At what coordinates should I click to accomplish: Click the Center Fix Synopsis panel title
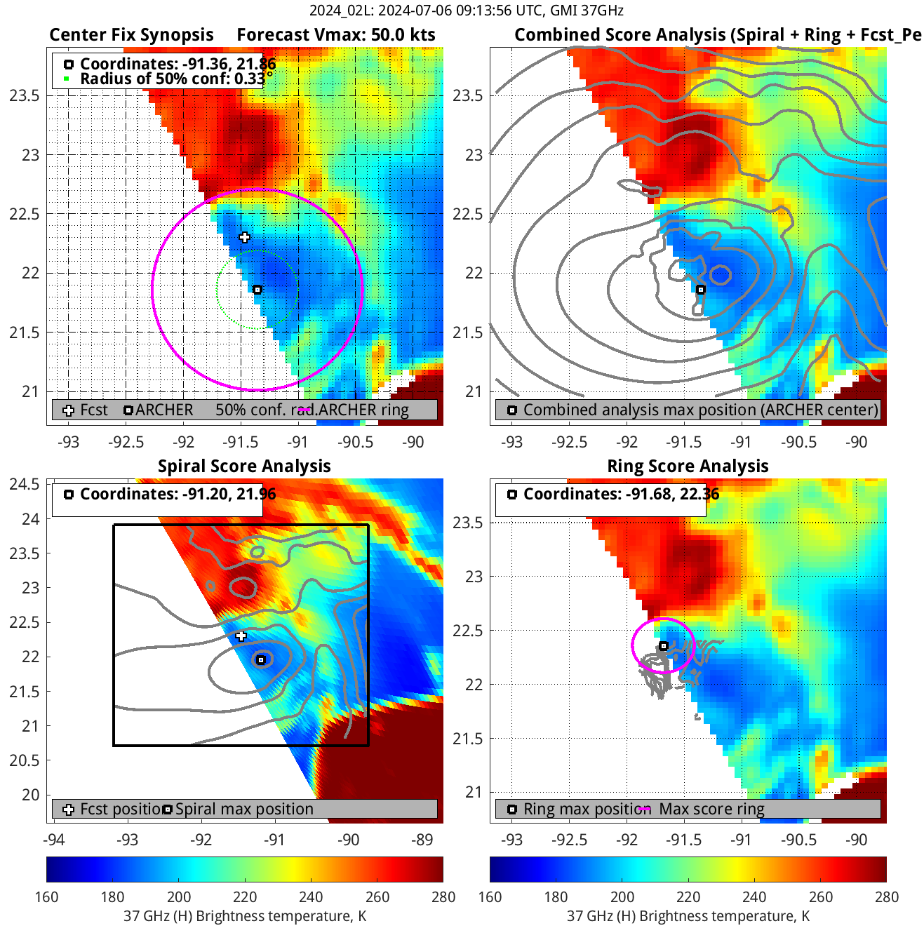131,35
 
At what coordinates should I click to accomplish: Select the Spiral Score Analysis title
244,466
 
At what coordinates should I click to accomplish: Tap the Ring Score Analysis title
688,466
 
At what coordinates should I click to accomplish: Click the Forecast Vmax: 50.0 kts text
336,35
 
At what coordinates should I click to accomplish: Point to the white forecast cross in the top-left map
244,237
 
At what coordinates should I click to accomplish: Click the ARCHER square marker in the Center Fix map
257,290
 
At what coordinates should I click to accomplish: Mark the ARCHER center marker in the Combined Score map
700,290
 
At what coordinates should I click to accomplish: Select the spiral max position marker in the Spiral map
261,660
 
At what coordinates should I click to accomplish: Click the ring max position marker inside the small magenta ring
663,646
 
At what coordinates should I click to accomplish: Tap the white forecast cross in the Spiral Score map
241,636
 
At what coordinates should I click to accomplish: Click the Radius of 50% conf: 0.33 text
172,79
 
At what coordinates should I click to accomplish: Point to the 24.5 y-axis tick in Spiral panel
25,484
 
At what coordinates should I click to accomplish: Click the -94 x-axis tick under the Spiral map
54,840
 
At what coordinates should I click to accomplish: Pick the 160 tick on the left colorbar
46,897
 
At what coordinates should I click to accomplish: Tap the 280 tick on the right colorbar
886,897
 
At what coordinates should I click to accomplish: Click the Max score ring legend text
711,809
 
